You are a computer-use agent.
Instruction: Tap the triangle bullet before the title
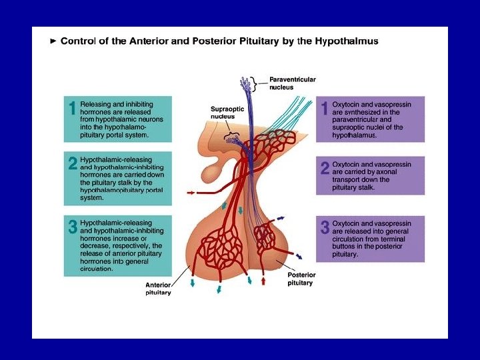53,41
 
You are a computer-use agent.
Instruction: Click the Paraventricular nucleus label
292,83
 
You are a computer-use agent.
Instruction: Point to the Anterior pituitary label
158,289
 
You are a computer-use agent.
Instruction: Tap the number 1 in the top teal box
72,109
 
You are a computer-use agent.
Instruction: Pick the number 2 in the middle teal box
73,164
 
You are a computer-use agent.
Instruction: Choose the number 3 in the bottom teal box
73,226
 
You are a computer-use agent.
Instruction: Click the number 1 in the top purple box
325,108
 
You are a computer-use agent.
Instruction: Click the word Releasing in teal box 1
97,104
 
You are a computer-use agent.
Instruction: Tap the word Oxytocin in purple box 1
347,104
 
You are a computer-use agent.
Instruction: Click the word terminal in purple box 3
397,239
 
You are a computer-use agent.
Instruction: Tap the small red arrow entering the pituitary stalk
193,193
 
